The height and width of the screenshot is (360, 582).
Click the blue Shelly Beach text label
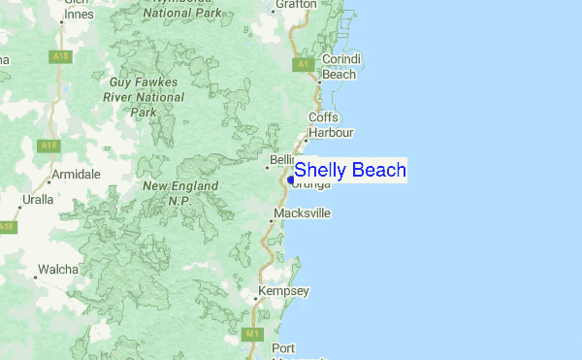tap(350, 171)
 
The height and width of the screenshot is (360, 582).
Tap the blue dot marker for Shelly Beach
tap(291, 180)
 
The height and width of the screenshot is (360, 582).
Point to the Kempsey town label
tap(282, 291)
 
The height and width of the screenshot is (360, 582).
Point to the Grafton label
tap(296, 5)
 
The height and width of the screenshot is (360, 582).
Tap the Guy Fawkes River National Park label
tap(143, 97)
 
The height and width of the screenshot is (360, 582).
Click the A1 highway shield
tap(303, 64)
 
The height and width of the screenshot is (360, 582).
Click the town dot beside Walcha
tap(35, 278)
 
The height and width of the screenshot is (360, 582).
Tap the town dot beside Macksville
tap(271, 221)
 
